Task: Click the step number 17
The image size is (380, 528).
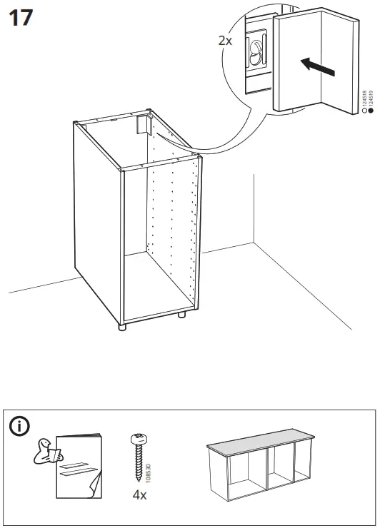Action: [20, 17]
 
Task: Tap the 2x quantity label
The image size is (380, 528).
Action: [225, 41]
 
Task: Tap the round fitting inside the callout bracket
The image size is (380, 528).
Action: [255, 51]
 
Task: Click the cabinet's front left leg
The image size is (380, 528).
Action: [122, 328]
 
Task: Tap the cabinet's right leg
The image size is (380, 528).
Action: [181, 313]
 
